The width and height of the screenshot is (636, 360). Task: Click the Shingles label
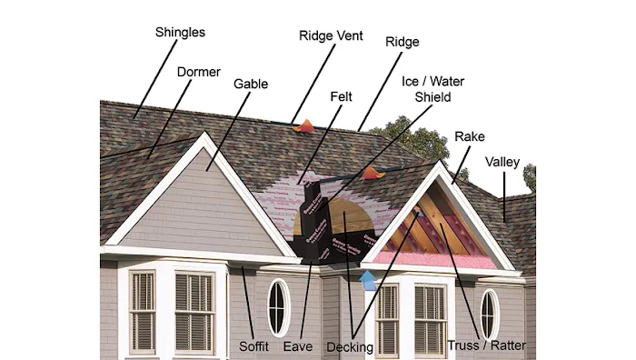[x=180, y=33]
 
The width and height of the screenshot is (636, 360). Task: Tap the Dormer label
[x=198, y=72]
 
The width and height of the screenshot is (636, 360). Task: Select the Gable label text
[x=251, y=85]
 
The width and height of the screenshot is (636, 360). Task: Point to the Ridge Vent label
[x=331, y=36]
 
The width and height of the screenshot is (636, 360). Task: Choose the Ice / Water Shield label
[x=426, y=88]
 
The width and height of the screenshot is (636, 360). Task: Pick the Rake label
[x=469, y=135]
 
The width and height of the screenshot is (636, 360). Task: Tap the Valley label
[x=502, y=162]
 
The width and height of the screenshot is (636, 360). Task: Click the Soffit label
[x=253, y=346]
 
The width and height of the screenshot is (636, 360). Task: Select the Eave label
[x=298, y=346]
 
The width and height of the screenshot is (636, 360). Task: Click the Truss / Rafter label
[x=486, y=346]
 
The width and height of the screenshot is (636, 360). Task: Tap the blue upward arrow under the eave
[x=367, y=277]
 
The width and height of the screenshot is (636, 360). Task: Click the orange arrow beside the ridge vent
[x=308, y=125]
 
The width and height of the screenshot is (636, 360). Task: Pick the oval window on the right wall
[x=490, y=313]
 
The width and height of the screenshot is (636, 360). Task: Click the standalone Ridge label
[x=402, y=42]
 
